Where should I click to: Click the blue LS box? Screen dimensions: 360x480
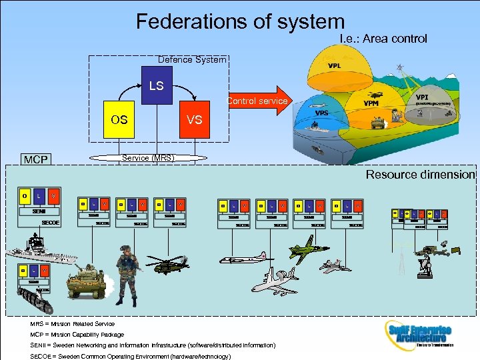coord(156,86)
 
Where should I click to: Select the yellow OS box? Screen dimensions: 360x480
coord(119,121)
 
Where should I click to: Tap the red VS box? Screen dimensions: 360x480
coord(195,121)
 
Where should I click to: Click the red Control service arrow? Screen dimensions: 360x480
coord(260,101)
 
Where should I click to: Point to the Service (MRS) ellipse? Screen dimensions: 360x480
coord(147,158)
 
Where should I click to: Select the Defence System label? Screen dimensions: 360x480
coord(192,59)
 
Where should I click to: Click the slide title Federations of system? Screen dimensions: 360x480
coord(240,22)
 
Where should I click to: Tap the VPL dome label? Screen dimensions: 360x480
coord(335,66)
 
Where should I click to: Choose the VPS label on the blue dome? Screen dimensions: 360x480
coord(321,113)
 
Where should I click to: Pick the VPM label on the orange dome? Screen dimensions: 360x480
coord(371,103)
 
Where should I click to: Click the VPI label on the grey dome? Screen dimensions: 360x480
coord(422,98)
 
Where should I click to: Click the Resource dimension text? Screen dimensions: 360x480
coord(420,175)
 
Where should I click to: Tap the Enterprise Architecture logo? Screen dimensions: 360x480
coord(419,333)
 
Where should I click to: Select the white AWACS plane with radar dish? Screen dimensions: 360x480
coord(275,280)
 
